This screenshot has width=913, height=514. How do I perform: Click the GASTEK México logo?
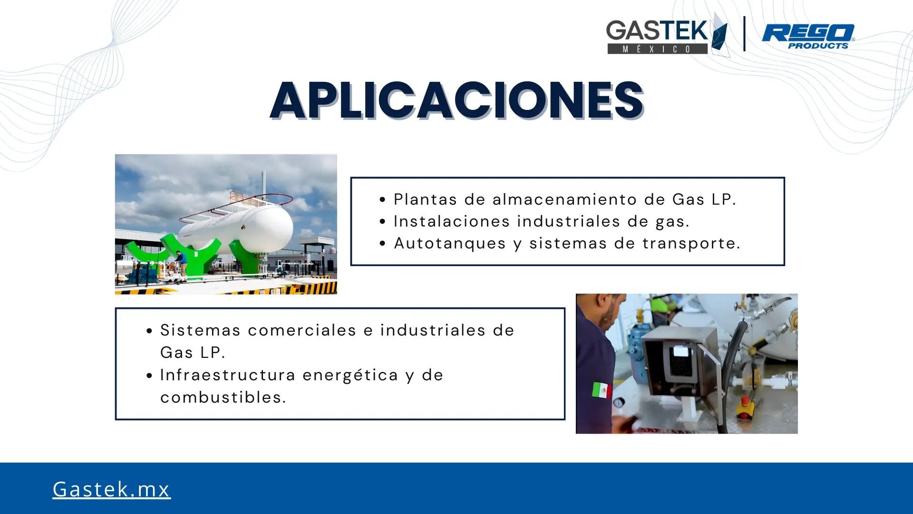667,35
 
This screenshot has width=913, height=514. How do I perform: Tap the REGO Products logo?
808,37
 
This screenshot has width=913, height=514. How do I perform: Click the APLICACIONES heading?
457,100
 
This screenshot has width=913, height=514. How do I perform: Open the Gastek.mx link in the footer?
111,489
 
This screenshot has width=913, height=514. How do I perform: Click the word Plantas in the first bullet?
426,199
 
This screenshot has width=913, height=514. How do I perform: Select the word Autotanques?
450,243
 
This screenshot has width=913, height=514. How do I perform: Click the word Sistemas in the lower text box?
200,330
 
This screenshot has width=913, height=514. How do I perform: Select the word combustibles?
223,397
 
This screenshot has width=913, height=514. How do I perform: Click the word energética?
350,375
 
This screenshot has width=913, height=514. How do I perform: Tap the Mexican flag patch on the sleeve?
602,390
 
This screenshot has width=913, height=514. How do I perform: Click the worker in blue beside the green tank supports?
181,265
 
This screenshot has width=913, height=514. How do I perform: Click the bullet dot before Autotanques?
383,244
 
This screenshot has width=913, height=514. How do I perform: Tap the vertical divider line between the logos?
744,34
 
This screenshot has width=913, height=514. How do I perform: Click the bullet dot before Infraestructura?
149,376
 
